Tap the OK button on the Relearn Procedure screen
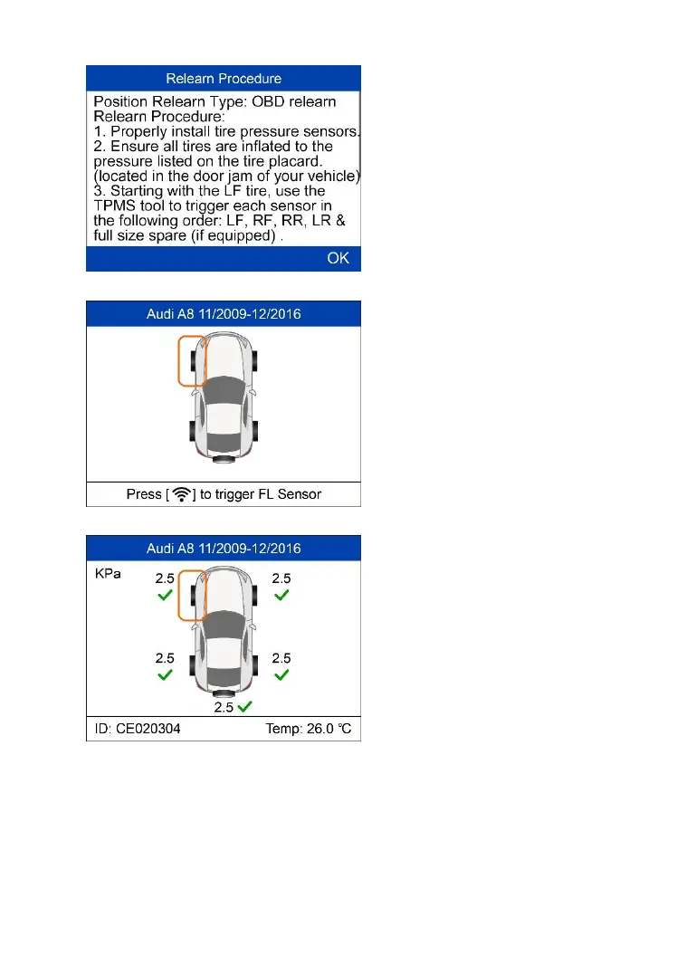[338, 259]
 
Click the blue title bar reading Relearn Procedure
[224, 79]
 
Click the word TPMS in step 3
[115, 206]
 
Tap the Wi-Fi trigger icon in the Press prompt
[181, 494]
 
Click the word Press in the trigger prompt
[145, 494]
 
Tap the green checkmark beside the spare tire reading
[245, 704]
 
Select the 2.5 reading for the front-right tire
[281, 578]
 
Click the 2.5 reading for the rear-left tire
[165, 658]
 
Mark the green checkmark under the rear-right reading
[281, 675]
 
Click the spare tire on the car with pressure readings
[221, 693]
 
